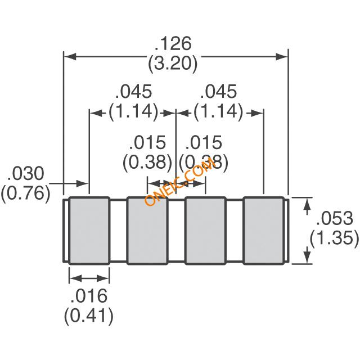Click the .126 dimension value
click(x=173, y=43)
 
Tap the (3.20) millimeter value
click(x=173, y=64)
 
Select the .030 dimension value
click(x=25, y=173)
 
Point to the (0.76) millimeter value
click(x=25, y=193)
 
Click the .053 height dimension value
click(x=335, y=218)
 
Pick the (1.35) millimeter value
click(x=334, y=238)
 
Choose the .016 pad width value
click(x=89, y=296)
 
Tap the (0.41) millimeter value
click(x=89, y=316)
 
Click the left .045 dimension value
click(x=134, y=91)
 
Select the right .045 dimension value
click(x=218, y=91)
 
